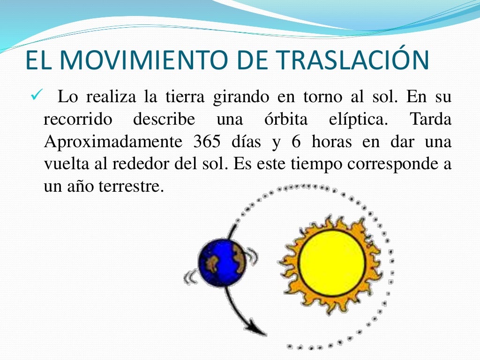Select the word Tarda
431,120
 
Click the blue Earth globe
222,262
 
